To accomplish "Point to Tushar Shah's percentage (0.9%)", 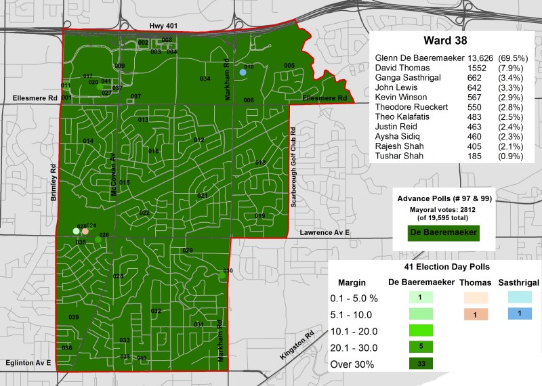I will (x=511, y=156).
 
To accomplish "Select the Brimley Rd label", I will (x=53, y=181).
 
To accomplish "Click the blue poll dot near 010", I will (x=243, y=72).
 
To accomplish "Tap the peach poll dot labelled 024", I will (x=85, y=231).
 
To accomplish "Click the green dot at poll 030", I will (x=222, y=275).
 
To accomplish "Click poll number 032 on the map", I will (x=156, y=311).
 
